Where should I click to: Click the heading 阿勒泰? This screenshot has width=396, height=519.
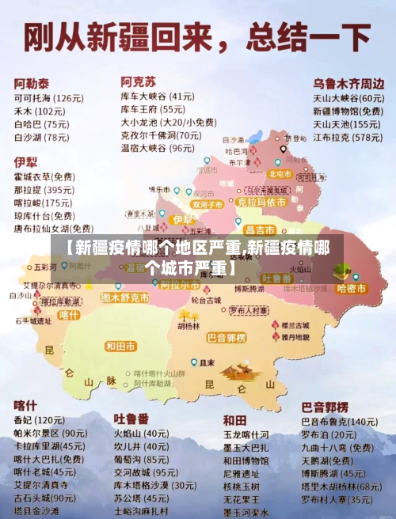coord(32,82)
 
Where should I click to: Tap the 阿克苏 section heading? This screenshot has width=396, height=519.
coord(138,81)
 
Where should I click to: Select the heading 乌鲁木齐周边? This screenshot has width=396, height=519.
coord(348,82)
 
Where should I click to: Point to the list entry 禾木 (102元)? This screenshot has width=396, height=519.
coord(40,112)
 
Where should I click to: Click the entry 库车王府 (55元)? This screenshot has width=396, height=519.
coord(153,109)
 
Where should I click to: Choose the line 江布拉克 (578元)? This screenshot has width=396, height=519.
coord(347,137)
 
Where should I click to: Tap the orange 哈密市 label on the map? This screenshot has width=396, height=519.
coord(351,289)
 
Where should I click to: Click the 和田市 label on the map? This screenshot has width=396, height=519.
coord(120,346)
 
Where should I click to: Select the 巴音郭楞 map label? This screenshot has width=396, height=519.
coord(227,338)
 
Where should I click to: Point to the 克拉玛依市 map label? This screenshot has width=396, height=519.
coord(261,203)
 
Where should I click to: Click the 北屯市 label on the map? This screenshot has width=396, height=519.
coord(280,173)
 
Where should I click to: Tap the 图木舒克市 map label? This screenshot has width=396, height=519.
coord(125,297)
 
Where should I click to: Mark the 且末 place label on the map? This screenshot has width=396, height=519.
coord(207,362)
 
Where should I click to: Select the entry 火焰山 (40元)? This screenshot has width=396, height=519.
coord(140,434)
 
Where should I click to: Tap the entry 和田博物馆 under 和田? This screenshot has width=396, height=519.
coord(246,460)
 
